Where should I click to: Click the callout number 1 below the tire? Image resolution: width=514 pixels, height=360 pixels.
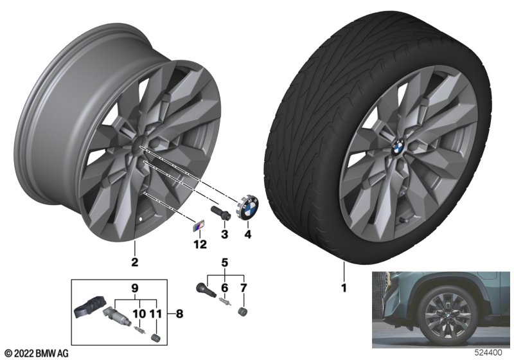coord(344,288)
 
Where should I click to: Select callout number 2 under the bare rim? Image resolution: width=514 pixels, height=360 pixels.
coord(134,262)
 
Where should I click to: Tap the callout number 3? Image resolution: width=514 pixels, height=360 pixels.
coord(224,234)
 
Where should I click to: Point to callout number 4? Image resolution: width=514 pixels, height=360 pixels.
coord(248,234)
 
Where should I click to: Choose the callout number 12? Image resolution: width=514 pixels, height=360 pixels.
coord(200,244)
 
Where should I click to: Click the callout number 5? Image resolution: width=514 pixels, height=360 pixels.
coord(224,263)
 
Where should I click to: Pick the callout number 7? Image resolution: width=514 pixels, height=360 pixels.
coord(244,288)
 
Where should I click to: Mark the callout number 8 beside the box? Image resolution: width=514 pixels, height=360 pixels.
coord(179,314)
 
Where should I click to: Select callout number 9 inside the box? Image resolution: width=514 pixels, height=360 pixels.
coord(135,288)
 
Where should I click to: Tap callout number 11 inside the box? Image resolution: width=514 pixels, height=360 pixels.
coord(155,314)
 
